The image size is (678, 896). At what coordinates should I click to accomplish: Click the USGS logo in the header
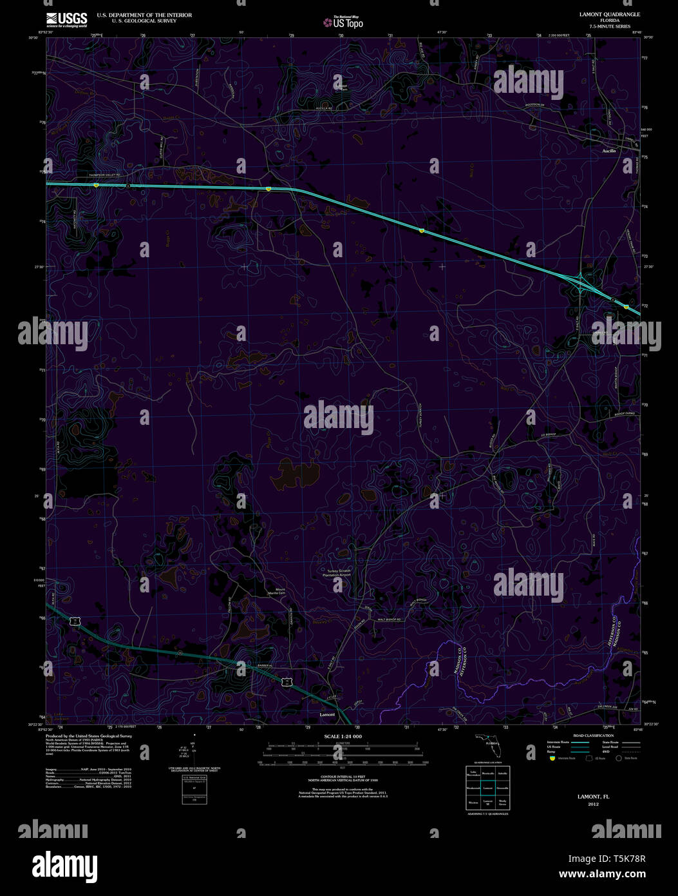[66, 19]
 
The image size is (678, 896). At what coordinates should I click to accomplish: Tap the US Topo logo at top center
[344, 23]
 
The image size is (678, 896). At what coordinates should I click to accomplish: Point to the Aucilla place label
[608, 151]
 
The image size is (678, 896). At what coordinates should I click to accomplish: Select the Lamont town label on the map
[328, 715]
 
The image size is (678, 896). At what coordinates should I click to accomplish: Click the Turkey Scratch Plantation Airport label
[340, 574]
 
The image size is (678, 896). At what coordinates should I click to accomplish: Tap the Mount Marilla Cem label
[279, 592]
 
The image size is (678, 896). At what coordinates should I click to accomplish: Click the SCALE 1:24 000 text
[343, 736]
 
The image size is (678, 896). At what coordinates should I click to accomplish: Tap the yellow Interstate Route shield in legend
[552, 758]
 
